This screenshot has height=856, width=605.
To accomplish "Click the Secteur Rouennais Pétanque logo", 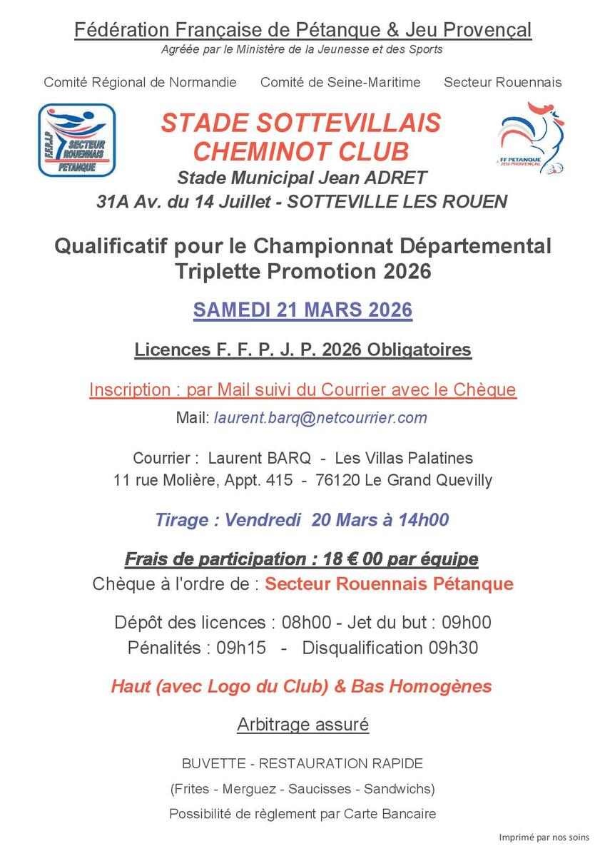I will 76,140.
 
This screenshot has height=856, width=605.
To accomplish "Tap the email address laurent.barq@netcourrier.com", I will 320,418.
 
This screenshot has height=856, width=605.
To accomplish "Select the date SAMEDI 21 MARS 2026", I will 302,311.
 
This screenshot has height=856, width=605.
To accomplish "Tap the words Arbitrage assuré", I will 302,725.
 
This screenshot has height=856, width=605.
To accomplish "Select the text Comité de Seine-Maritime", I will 340,82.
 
